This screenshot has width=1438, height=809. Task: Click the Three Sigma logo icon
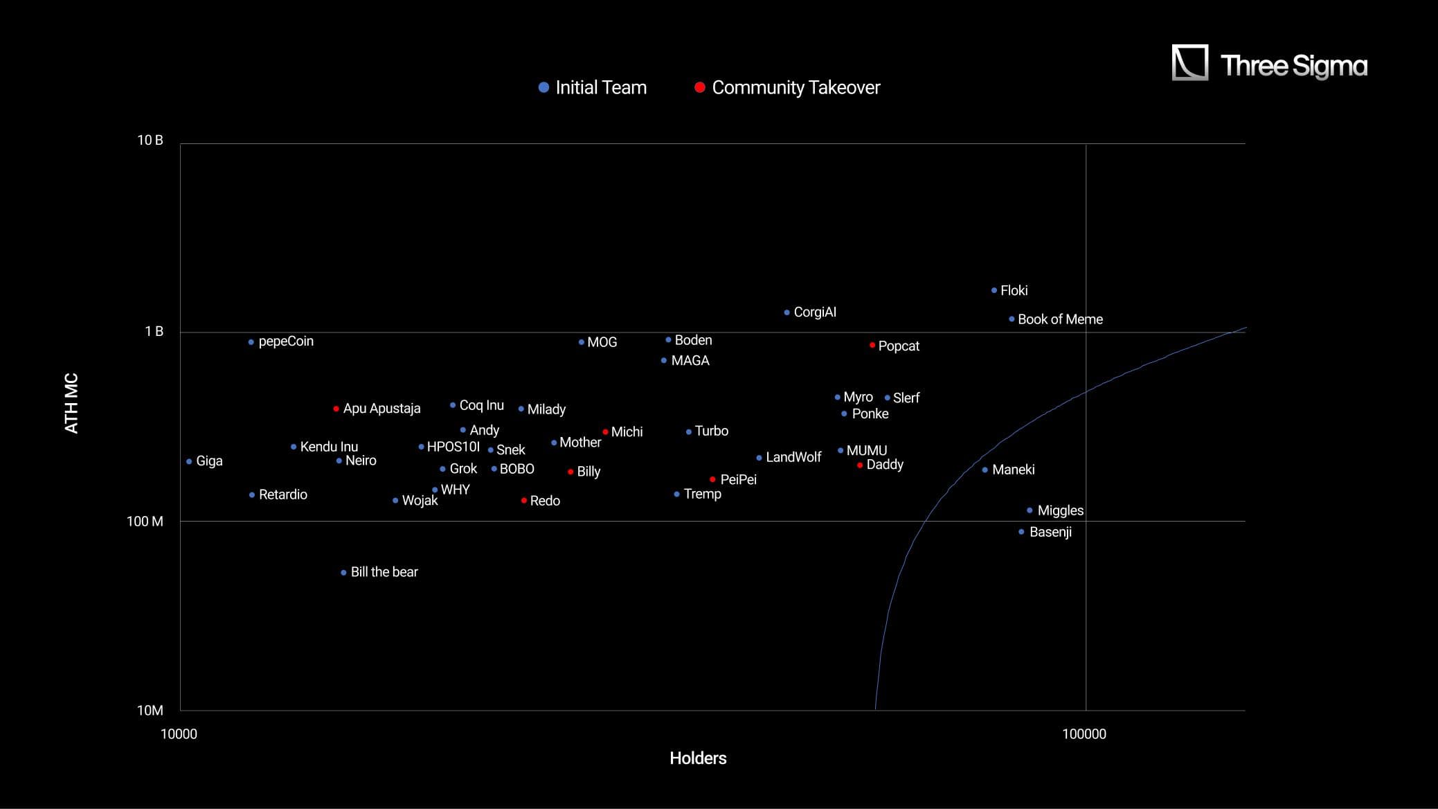(x=1189, y=63)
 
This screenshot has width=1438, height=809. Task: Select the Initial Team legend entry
(x=593, y=88)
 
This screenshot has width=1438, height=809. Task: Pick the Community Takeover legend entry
(x=787, y=88)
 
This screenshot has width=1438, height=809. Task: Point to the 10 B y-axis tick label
(x=150, y=141)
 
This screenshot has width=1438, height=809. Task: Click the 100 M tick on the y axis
(x=145, y=522)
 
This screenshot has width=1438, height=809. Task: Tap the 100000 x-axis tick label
(x=1084, y=734)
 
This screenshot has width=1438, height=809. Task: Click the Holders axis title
(x=698, y=758)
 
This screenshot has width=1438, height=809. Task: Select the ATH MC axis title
(x=71, y=403)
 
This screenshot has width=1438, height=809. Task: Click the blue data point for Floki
(x=994, y=291)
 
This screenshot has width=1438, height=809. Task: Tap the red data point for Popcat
(x=872, y=345)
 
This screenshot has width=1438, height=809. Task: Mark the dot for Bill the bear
(x=343, y=573)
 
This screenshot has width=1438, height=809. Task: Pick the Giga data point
(x=189, y=462)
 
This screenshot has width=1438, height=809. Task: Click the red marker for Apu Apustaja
(x=336, y=409)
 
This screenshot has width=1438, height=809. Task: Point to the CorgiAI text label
(x=815, y=312)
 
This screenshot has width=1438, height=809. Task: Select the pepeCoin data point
(x=251, y=342)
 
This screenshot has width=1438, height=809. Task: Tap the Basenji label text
(x=1050, y=532)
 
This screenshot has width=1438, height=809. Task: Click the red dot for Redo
(x=524, y=501)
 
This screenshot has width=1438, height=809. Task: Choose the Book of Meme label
(x=1060, y=319)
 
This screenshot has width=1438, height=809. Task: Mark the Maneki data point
(x=985, y=470)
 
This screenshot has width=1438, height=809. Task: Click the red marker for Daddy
(x=860, y=465)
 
